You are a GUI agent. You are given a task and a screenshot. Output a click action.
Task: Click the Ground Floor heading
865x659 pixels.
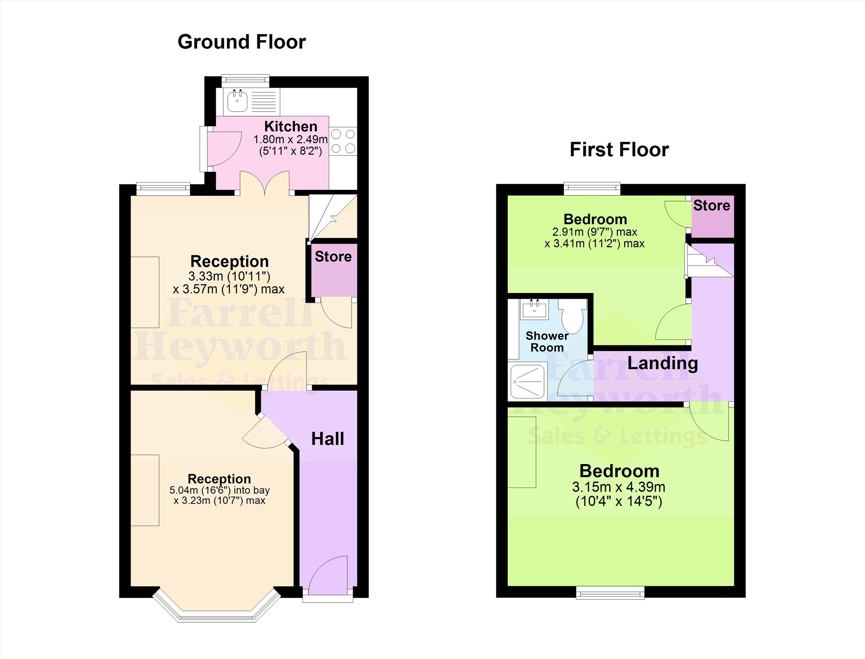coord(242,42)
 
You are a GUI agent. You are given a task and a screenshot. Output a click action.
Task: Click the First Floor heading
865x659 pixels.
coord(619,150)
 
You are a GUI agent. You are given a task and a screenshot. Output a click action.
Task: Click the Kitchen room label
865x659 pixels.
coord(291,126)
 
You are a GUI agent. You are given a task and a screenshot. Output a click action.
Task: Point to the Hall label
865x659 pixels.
coord(327,439)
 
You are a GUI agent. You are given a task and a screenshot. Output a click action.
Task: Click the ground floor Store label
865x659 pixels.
coord(333,257)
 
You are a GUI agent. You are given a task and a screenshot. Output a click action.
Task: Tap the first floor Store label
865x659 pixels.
coord(712,205)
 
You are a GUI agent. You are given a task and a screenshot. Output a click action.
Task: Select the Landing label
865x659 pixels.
coord(662,363)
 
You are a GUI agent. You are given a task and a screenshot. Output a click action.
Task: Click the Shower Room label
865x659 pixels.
coord(547,341)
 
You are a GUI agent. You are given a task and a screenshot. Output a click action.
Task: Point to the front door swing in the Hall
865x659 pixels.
coord(328,574)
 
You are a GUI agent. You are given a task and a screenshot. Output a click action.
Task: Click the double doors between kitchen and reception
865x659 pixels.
coord(265,183)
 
